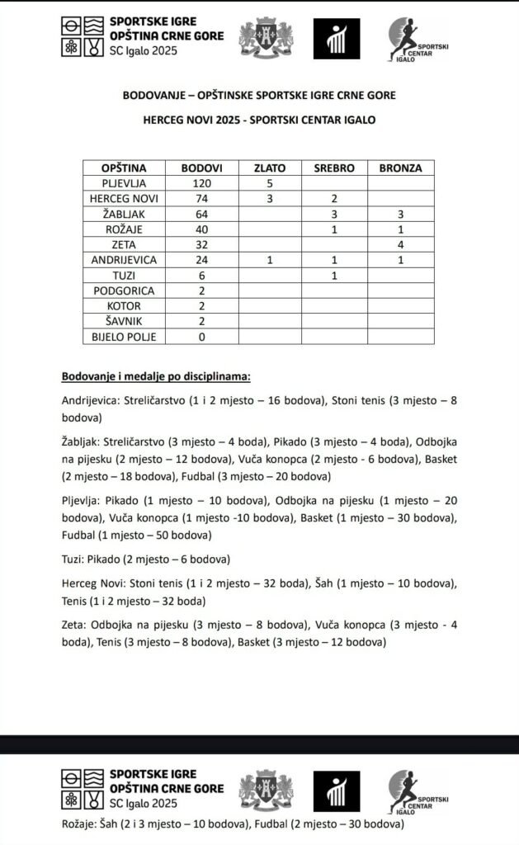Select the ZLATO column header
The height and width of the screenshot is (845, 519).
pos(270,168)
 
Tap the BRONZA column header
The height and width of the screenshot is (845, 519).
pos(400,168)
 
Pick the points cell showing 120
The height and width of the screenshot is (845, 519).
pos(202,183)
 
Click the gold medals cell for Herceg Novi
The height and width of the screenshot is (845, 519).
pos(270,199)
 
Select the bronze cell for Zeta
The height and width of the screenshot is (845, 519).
pos(400,245)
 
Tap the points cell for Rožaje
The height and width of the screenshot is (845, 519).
pos(202,229)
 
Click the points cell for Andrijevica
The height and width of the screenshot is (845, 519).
pos(202,260)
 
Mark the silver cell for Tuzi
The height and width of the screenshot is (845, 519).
pos(334,276)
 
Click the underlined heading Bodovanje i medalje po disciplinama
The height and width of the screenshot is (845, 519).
pos(156,377)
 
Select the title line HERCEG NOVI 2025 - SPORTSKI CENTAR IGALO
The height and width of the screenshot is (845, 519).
pos(259,119)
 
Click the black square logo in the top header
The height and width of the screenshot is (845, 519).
pos(337,38)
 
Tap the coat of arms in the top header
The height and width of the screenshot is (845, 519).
pos(266,38)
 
